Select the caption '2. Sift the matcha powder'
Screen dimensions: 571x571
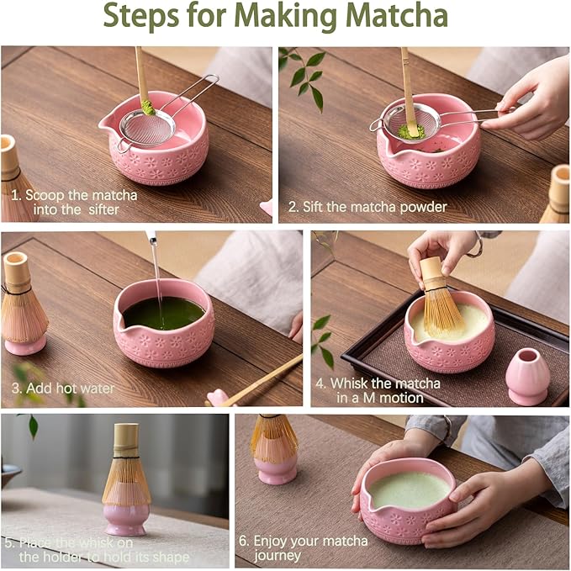[x=367, y=206]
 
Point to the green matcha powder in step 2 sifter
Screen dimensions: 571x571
[x=410, y=131]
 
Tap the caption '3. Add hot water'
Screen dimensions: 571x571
[x=62, y=389]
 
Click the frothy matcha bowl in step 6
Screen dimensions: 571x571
[x=408, y=500]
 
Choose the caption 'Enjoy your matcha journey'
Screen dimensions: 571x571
[x=310, y=547]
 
